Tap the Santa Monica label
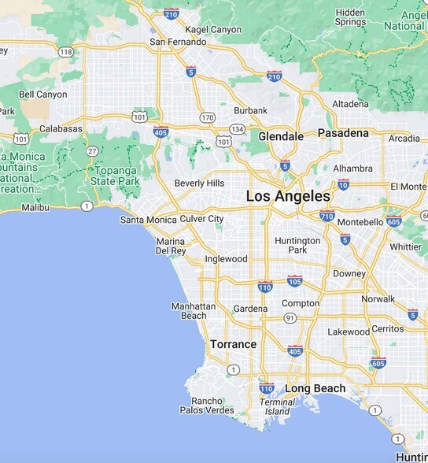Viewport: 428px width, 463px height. click(x=148, y=220)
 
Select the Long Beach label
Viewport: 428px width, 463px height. click(x=315, y=389)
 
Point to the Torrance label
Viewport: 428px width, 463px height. click(x=233, y=344)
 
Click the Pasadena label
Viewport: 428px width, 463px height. click(x=343, y=133)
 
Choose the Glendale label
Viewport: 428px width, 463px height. click(x=281, y=136)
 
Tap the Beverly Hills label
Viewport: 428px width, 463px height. click(x=199, y=183)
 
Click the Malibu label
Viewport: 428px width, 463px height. click(x=35, y=208)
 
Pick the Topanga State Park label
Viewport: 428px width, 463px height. click(x=114, y=176)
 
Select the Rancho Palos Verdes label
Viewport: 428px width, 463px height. click(x=207, y=406)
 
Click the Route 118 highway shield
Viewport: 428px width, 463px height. click(x=66, y=52)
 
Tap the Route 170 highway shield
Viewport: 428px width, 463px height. click(x=207, y=117)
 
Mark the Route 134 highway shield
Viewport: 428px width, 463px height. click(x=237, y=128)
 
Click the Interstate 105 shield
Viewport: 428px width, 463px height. click(x=295, y=280)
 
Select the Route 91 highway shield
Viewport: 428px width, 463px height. click(x=290, y=318)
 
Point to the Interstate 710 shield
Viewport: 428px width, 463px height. click(x=327, y=216)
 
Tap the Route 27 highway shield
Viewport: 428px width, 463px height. click(x=92, y=151)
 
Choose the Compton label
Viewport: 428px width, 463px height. click(x=301, y=303)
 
